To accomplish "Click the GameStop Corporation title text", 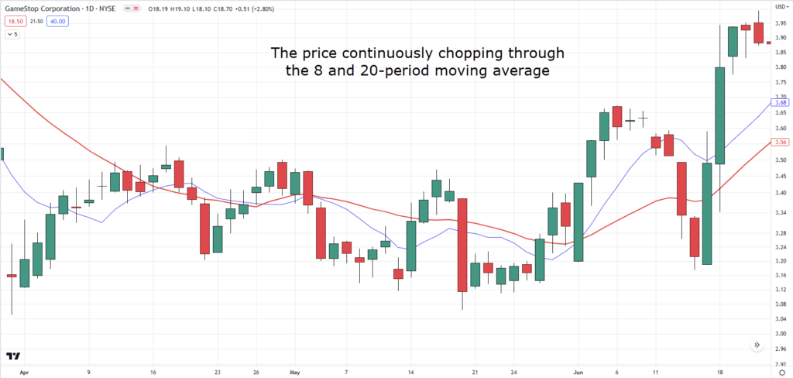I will [46, 9].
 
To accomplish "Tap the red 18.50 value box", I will [15, 21].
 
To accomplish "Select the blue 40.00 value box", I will [57, 21].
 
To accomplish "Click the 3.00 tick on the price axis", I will [781, 334].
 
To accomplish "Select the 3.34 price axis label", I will [781, 211].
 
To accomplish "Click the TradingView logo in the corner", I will [12, 356].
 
